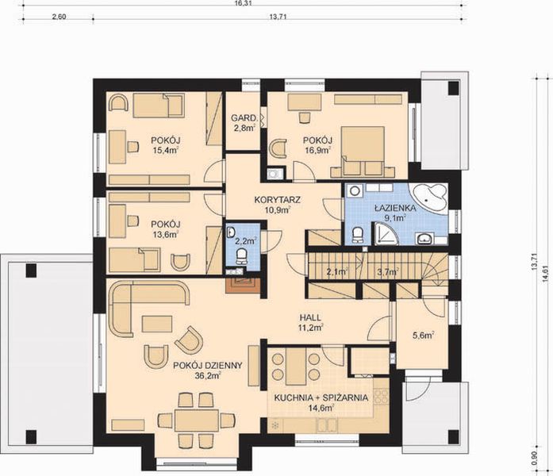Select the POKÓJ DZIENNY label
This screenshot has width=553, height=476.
(x=206, y=365)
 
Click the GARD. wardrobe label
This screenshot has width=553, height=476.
(x=242, y=118)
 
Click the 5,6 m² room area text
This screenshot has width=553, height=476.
(x=423, y=335)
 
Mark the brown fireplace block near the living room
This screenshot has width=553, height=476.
(x=241, y=282)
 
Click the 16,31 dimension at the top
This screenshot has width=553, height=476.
(x=243, y=4)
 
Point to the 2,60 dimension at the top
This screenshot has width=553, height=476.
(x=59, y=17)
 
